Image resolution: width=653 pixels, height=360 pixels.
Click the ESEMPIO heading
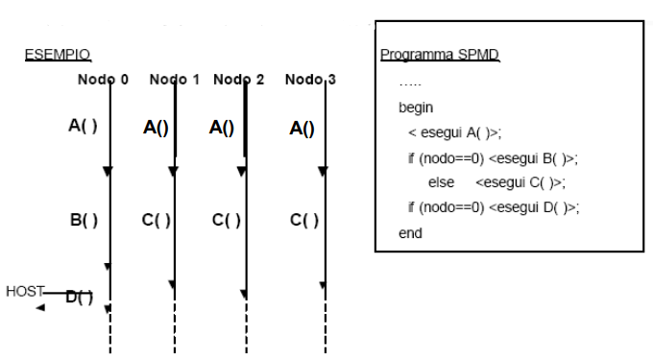[58, 55]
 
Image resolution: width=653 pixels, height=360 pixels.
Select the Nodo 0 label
[103, 80]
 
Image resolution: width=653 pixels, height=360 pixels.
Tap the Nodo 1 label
[175, 80]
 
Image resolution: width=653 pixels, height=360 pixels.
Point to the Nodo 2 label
[238, 80]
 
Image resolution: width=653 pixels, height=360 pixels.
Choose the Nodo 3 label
[310, 80]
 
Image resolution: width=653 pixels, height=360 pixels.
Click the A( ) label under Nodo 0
[83, 125]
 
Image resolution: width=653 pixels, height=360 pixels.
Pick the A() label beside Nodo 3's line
[302, 129]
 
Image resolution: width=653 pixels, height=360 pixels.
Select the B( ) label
[85, 220]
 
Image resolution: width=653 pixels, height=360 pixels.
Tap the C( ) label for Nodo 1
[157, 220]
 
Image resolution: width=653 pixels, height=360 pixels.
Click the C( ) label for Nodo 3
[304, 220]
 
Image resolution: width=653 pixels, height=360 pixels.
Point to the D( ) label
[80, 298]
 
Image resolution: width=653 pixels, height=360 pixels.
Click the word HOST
[25, 291]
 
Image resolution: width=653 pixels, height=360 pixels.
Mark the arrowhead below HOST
[40, 308]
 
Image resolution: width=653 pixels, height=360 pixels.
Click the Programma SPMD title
[440, 55]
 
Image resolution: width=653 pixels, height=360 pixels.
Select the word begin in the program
[416, 108]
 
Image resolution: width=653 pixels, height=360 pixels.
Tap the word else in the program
[441, 182]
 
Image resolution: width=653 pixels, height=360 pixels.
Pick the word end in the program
[410, 233]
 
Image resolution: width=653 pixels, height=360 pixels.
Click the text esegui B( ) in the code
[531, 158]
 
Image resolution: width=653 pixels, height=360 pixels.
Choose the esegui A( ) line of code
[455, 132]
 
